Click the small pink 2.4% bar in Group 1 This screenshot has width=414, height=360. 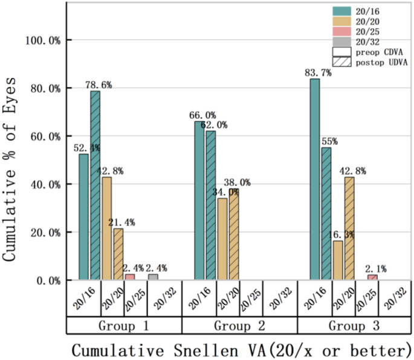pos(130,277)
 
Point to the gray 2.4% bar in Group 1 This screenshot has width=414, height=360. pos(153,277)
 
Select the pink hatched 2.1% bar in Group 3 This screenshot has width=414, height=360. pos(372,278)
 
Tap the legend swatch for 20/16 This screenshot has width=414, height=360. pos(341,10)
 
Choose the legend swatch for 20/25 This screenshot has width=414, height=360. pos(341,31)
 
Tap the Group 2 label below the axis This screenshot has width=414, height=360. pos(239,326)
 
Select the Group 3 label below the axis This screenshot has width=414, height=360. pos(355,326)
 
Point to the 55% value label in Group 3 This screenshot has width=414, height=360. pos(330,141)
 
